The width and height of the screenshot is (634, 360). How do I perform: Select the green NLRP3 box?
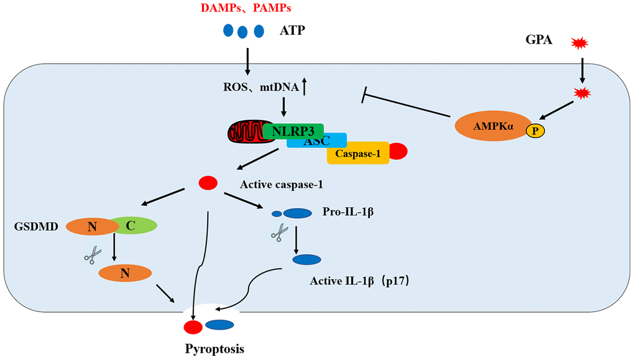point(293,131)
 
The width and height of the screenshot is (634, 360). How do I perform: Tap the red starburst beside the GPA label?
point(579,44)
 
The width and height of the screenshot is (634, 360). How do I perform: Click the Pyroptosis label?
point(214,348)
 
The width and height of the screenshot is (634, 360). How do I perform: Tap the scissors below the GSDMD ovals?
point(93,254)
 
